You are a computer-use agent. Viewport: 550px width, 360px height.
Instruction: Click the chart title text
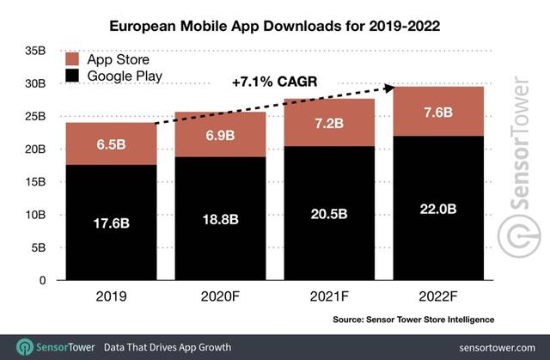(x=275, y=27)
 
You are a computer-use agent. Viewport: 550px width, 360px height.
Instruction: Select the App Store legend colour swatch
(x=72, y=59)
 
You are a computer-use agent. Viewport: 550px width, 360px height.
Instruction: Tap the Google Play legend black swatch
(x=72, y=76)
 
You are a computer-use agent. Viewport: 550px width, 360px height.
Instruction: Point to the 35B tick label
(x=35, y=51)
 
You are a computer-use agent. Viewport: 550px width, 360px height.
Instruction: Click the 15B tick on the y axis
(x=35, y=182)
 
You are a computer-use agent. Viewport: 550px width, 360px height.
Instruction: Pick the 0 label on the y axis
(x=42, y=280)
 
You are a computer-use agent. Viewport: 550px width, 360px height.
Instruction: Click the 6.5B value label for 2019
(x=111, y=144)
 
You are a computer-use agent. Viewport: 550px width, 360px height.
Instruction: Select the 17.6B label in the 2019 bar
(x=111, y=223)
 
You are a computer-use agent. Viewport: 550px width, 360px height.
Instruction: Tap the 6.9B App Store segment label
(x=220, y=135)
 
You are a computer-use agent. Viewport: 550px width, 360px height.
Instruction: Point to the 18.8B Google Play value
(x=220, y=219)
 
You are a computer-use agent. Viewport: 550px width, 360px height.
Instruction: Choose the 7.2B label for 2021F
(x=329, y=124)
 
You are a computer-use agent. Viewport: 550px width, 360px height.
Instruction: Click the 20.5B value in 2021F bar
(x=329, y=214)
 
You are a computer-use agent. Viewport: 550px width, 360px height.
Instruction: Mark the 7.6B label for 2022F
(x=438, y=113)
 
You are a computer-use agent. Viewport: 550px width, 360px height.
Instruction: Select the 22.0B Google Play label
(x=438, y=210)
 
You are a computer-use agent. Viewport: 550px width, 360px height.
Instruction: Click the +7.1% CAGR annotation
(x=275, y=82)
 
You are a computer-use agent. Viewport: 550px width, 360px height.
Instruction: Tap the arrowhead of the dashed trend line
(x=391, y=88)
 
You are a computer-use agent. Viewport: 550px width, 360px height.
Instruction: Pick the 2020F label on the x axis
(x=220, y=296)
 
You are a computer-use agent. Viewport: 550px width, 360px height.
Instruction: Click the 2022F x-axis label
(x=438, y=296)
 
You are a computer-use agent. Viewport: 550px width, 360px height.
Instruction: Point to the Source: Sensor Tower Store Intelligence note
(x=413, y=320)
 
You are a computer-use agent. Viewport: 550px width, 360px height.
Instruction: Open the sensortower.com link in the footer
(x=497, y=348)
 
